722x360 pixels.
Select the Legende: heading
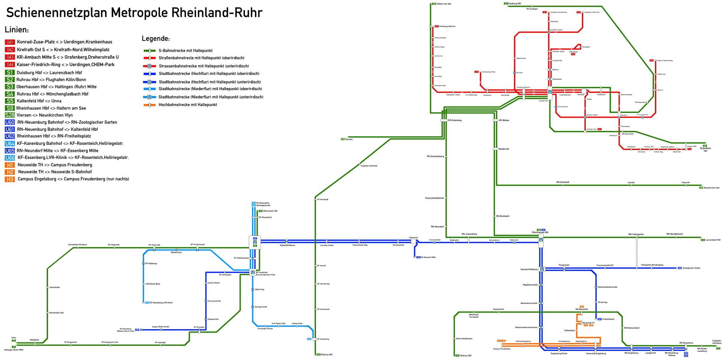pyautogui.click(x=156, y=39)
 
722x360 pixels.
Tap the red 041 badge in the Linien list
pyautogui.click(x=10, y=42)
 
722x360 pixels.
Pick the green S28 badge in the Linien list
pyautogui.click(x=10, y=115)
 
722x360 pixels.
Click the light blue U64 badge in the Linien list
pyautogui.click(x=10, y=143)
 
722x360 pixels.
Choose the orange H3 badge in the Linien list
pyautogui.click(x=10, y=179)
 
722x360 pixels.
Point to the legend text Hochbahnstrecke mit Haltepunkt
pyautogui.click(x=188, y=105)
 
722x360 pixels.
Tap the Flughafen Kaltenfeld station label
pyautogui.click(x=369, y=166)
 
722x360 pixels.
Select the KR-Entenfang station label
pyautogui.click(x=455, y=120)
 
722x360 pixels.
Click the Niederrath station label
pyautogui.click(x=504, y=149)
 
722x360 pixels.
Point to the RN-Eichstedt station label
pyautogui.click(x=563, y=182)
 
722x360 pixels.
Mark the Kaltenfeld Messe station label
pyautogui.click(x=287, y=245)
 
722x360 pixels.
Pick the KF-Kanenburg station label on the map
pyautogui.click(x=323, y=339)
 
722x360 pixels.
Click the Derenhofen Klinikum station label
pyautogui.click(x=77, y=245)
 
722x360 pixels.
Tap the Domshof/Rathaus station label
pyautogui.click(x=529, y=269)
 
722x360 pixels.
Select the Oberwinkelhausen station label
pyautogui.click(x=464, y=339)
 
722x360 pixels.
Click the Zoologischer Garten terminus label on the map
pyautogui.click(x=692, y=268)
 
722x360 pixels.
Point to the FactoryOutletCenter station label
pyautogui.click(x=434, y=198)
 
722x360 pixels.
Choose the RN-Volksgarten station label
pyautogui.click(x=636, y=234)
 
